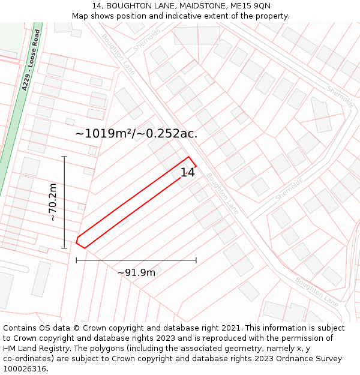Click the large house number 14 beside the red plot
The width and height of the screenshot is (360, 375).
(x=188, y=172)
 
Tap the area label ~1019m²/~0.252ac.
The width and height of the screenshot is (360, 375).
(x=136, y=133)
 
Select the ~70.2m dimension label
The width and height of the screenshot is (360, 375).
(x=53, y=202)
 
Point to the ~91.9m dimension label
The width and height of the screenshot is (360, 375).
(x=136, y=272)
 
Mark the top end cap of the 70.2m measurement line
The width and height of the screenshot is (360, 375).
(x=64, y=157)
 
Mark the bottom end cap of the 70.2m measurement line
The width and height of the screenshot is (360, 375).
(x=64, y=248)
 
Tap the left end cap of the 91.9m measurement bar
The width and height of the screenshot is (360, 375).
(x=76, y=260)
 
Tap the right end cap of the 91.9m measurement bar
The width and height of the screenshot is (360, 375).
(x=196, y=260)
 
